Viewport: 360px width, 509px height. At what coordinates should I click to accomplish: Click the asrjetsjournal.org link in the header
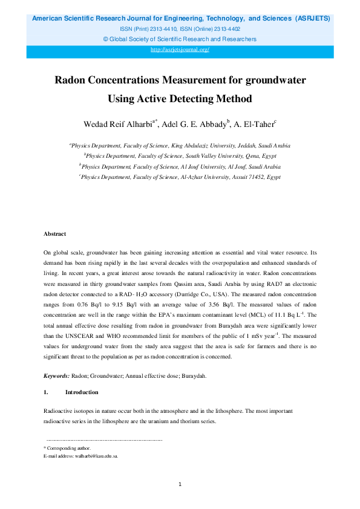(x=180, y=50)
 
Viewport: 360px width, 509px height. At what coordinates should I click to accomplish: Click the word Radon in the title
(x=70, y=80)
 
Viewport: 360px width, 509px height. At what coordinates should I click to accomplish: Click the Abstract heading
(x=54, y=233)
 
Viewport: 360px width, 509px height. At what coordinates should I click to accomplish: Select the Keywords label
(x=57, y=375)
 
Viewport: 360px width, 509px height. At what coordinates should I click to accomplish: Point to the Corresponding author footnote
(x=68, y=448)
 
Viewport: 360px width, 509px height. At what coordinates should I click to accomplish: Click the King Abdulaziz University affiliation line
(x=180, y=146)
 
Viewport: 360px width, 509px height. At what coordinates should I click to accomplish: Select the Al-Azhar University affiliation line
(x=180, y=177)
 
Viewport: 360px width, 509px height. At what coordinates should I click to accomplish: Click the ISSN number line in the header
(x=180, y=29)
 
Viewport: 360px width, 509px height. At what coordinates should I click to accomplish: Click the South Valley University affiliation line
(x=180, y=156)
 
